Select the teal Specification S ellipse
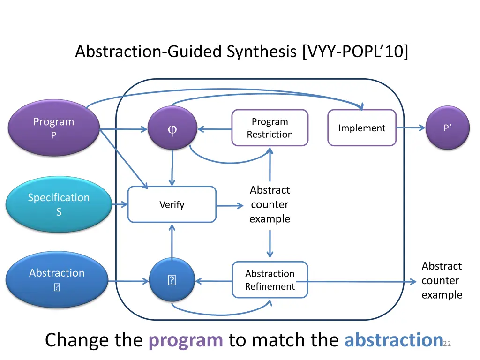tap(59, 204)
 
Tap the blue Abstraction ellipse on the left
tap(57, 279)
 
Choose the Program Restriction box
tap(270, 128)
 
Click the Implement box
tap(361, 128)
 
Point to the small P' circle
tap(448, 128)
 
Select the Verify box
tap(172, 204)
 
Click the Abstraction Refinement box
tap(270, 280)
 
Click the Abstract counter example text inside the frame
tap(270, 204)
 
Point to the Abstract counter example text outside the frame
tap(442, 280)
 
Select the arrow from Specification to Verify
tap(120, 204)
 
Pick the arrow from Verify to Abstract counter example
tap(230, 205)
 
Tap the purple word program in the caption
tap(186, 340)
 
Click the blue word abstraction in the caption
tap(393, 340)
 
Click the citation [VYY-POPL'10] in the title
tap(355, 51)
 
